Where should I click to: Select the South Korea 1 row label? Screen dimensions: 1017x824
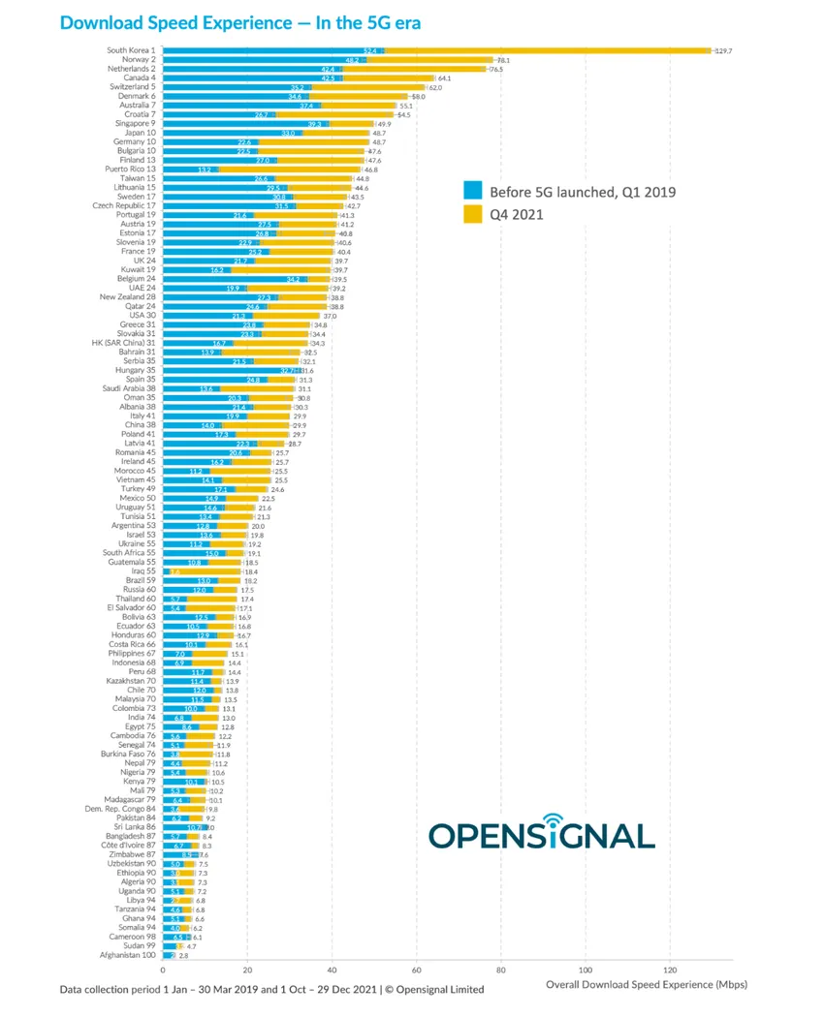pyautogui.click(x=131, y=50)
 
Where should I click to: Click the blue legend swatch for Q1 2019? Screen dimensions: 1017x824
pyautogui.click(x=473, y=192)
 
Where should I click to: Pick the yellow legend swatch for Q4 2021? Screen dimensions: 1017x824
pyautogui.click(x=473, y=213)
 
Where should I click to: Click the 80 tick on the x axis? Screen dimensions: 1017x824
pyautogui.click(x=501, y=971)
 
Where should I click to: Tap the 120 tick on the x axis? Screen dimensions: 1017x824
pyautogui.click(x=670, y=971)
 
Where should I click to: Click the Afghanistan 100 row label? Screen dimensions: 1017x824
pyautogui.click(x=128, y=955)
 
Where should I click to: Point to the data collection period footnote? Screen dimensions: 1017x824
pyautogui.click(x=271, y=990)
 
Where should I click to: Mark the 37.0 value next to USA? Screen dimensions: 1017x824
pyautogui.click(x=330, y=315)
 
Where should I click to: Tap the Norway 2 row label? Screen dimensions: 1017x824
pyautogui.click(x=137, y=60)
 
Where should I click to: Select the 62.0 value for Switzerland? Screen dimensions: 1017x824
pyautogui.click(x=436, y=87)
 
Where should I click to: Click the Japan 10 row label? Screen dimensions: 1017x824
pyautogui.click(x=139, y=133)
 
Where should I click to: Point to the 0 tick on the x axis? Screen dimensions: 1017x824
pyautogui.click(x=163, y=971)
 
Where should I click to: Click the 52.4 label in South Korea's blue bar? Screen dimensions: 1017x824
pyautogui.click(x=370, y=50)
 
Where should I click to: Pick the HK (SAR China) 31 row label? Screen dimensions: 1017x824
pyautogui.click(x=123, y=343)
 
